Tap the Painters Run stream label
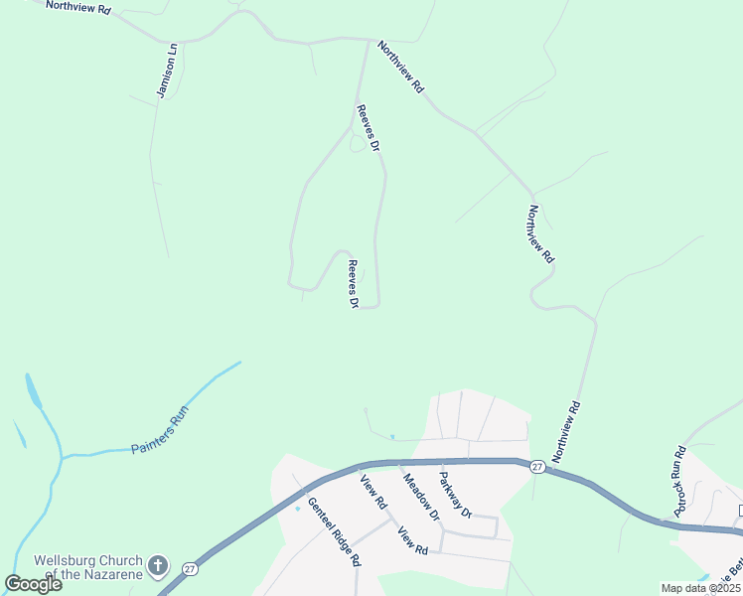(159, 433)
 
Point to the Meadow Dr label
(419, 494)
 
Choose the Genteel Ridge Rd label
(333, 531)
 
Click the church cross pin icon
(156, 566)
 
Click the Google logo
(33, 584)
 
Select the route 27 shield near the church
(190, 569)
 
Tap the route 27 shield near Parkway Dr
(535, 466)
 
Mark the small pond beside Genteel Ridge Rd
(298, 508)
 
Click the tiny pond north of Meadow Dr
(392, 436)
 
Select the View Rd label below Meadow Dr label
(412, 542)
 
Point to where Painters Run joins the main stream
(63, 456)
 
